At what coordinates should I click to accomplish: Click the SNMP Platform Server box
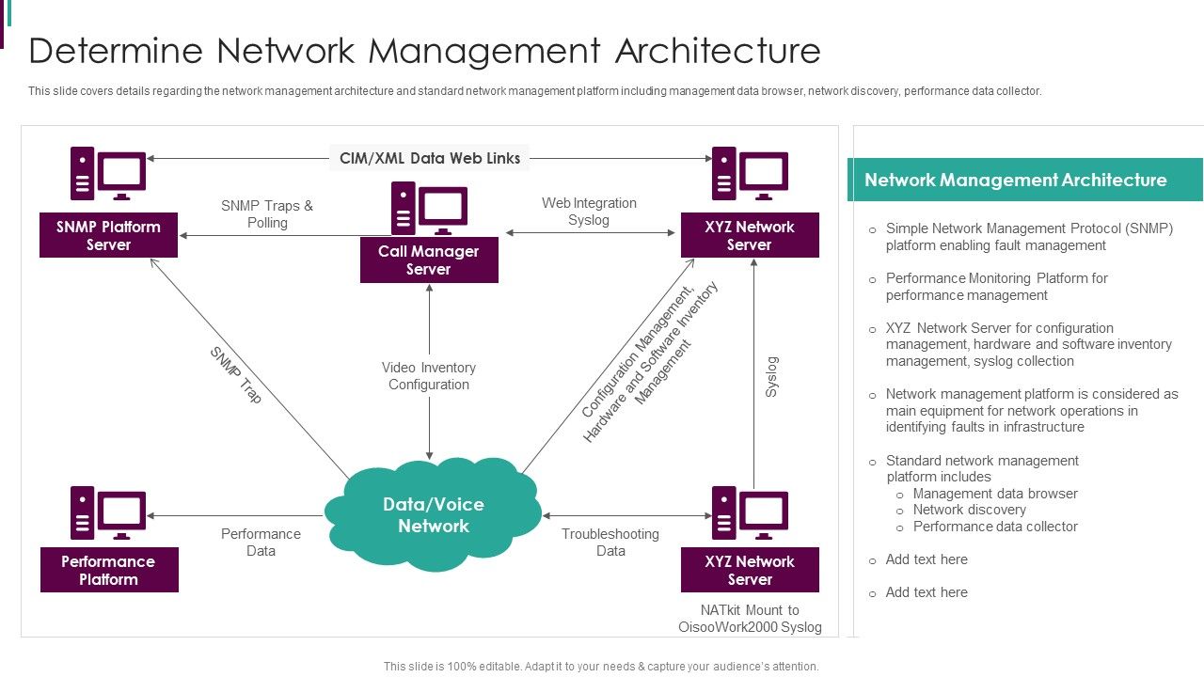point(108,235)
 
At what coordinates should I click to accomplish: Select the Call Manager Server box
point(429,260)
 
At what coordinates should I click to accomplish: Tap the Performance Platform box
point(109,570)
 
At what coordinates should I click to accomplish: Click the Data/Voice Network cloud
point(434,515)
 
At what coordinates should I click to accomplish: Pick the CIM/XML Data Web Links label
point(430,158)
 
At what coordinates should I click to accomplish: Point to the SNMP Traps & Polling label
point(267,214)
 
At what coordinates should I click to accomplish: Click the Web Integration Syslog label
point(589,212)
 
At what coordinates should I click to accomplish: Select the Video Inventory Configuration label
point(429,376)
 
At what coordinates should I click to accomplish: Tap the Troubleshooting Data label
point(610,543)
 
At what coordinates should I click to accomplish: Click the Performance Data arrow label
point(261,543)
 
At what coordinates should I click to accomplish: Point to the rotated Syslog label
point(771,376)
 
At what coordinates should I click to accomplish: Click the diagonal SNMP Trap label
point(236,375)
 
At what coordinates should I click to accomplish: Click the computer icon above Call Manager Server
point(429,208)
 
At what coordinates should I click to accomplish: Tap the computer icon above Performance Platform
point(108,512)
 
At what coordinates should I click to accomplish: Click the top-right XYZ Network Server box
point(750,235)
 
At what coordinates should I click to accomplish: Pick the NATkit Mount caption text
point(750,619)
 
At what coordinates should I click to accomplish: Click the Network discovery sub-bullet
point(969,510)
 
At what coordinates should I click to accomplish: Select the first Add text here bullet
point(927,559)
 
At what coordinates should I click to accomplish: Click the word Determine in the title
point(115,50)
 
